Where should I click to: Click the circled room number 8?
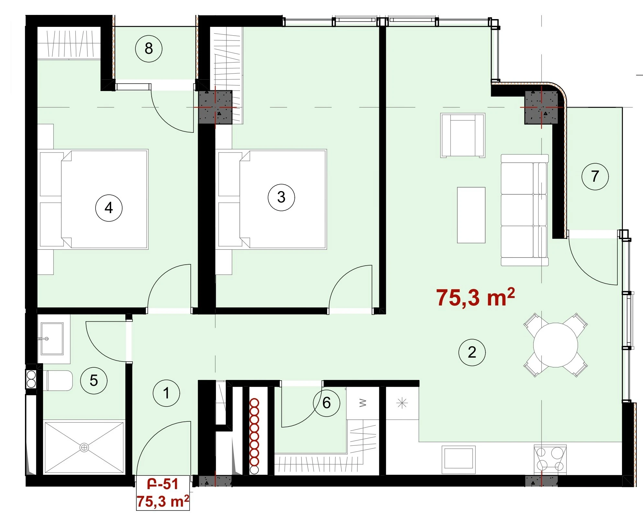point(148,49)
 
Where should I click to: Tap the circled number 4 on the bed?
point(109,208)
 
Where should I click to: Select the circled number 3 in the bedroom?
point(281,197)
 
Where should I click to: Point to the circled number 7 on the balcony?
point(595,177)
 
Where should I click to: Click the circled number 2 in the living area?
point(472,352)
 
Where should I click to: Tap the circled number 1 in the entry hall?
point(166,393)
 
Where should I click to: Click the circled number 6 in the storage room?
point(327,403)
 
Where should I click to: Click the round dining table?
point(556,345)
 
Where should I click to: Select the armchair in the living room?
point(463,135)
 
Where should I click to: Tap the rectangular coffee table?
point(471,215)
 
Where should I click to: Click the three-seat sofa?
point(524,210)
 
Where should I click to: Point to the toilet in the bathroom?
point(59,381)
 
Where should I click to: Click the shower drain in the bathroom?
point(84,448)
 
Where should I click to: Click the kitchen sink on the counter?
point(458,457)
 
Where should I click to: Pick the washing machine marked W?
point(362,403)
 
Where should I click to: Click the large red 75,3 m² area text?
point(475,297)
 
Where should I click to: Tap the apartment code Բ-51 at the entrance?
point(163,484)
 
